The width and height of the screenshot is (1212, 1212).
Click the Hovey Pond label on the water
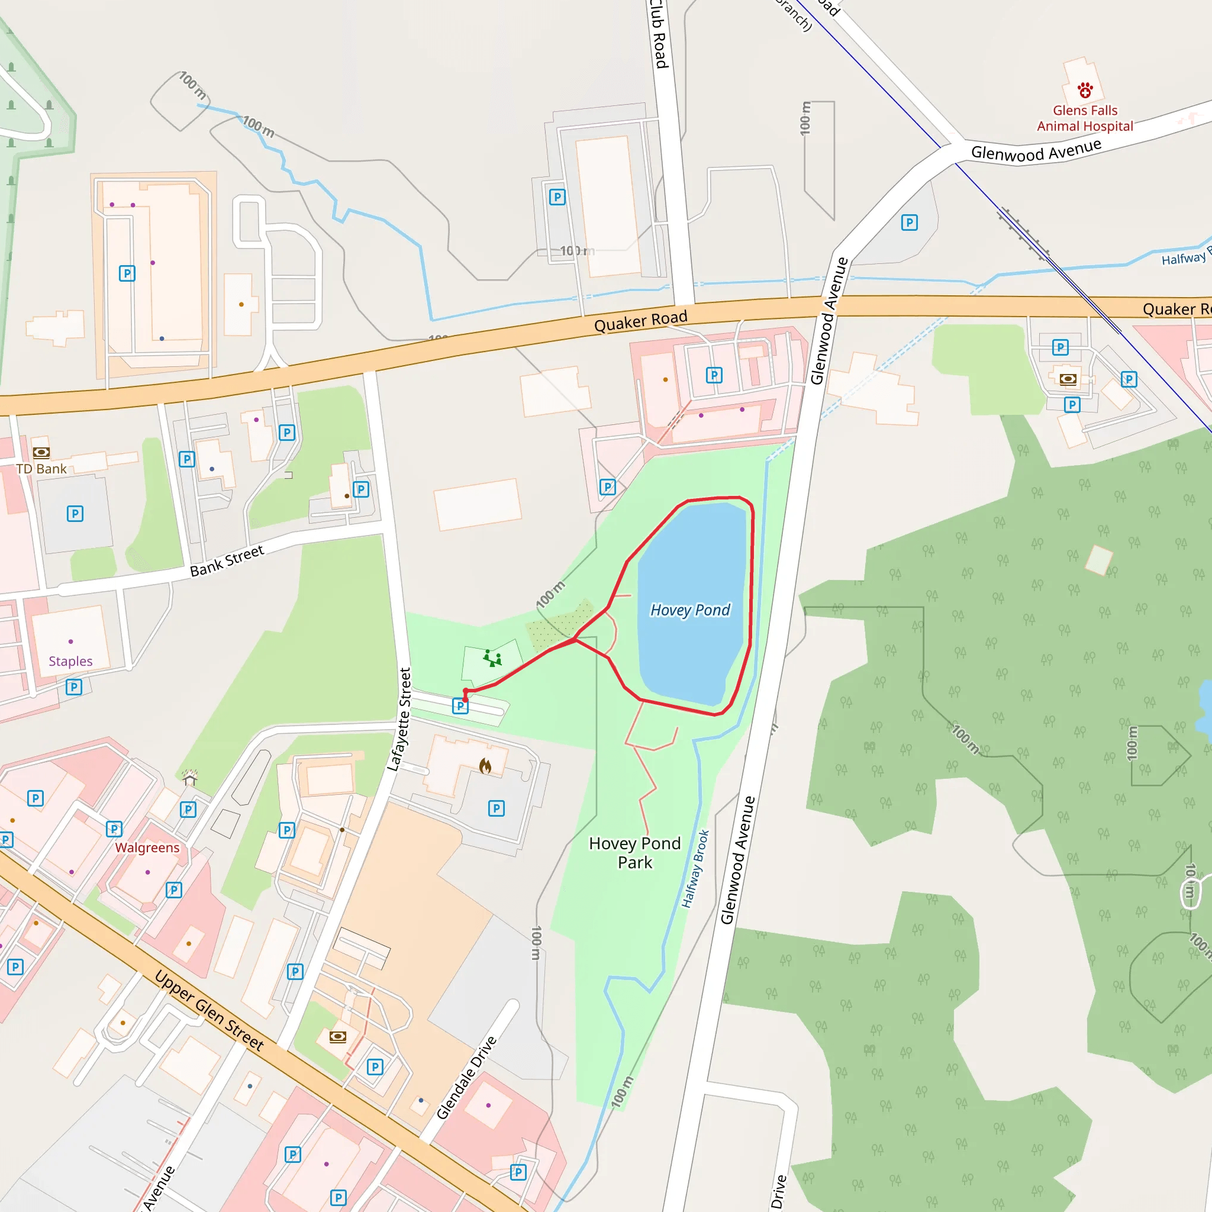pyautogui.click(x=690, y=610)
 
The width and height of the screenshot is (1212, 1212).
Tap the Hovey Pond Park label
pyautogui.click(x=635, y=853)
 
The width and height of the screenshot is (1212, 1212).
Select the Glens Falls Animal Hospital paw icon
pyautogui.click(x=1085, y=91)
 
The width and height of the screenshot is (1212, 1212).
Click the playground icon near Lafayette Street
pyautogui.click(x=492, y=659)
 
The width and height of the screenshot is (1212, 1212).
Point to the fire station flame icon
pyautogui.click(x=485, y=765)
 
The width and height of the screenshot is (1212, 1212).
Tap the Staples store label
pyautogui.click(x=70, y=661)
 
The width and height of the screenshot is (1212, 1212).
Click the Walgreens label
pyautogui.click(x=147, y=847)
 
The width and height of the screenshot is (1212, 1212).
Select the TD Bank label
pyautogui.click(x=41, y=469)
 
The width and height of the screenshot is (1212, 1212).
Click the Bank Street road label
pyautogui.click(x=227, y=560)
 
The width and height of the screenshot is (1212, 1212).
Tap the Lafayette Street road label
pyautogui.click(x=399, y=719)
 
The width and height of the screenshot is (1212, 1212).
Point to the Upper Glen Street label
pyautogui.click(x=209, y=1011)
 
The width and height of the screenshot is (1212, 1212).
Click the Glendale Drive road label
pyautogui.click(x=466, y=1078)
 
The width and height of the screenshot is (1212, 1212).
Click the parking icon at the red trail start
pyautogui.click(x=460, y=707)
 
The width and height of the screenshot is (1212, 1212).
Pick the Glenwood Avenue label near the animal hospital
pyautogui.click(x=1036, y=150)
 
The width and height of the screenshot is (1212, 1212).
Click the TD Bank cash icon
pyautogui.click(x=41, y=452)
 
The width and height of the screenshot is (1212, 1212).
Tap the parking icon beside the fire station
pyautogui.click(x=496, y=808)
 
